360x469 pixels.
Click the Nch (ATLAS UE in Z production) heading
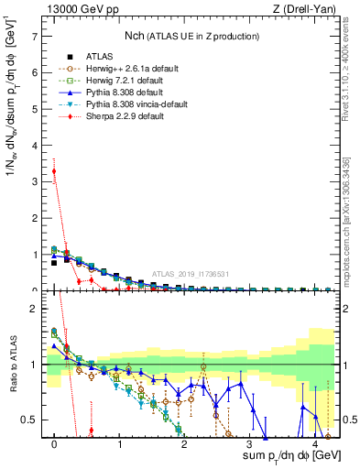point(192,36)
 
